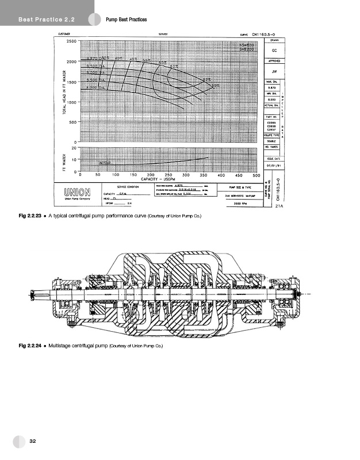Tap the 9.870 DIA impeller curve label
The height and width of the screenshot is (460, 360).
(98, 59)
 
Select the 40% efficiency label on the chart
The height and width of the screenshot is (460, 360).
(118, 58)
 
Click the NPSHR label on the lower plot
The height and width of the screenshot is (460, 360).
(105, 163)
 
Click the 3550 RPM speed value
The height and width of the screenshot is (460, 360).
(239, 204)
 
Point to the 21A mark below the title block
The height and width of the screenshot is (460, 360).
(279, 205)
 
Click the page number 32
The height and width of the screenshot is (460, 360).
(33, 440)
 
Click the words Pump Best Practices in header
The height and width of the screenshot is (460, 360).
(127, 20)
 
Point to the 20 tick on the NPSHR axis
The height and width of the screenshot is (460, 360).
(74, 147)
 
